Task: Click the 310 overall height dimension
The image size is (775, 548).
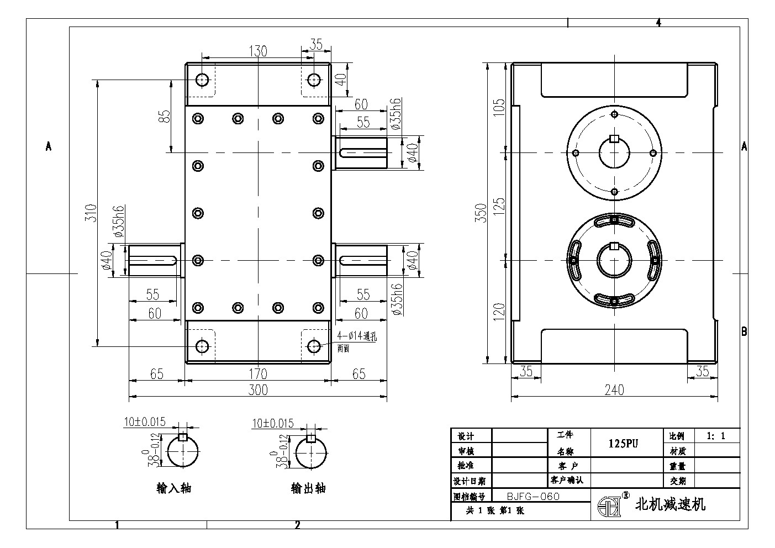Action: (92, 213)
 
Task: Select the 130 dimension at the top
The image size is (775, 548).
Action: (258, 51)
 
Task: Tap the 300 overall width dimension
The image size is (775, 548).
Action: (258, 390)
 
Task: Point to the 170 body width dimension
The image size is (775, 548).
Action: (258, 374)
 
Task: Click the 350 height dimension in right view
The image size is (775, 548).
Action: (481, 213)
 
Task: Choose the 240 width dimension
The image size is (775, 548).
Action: (614, 390)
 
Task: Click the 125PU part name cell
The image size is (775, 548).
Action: (624, 444)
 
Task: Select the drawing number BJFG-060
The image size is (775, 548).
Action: (533, 496)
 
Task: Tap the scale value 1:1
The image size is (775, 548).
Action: (715, 436)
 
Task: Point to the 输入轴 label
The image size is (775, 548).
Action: (174, 488)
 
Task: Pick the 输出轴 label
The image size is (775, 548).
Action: (308, 488)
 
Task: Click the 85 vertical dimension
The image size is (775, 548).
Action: (164, 117)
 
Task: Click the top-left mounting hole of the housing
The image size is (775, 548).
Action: (203, 80)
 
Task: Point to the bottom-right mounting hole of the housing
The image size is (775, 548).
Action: (314, 346)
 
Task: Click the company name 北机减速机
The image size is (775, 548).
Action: (671, 504)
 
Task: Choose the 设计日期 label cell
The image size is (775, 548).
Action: (470, 481)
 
